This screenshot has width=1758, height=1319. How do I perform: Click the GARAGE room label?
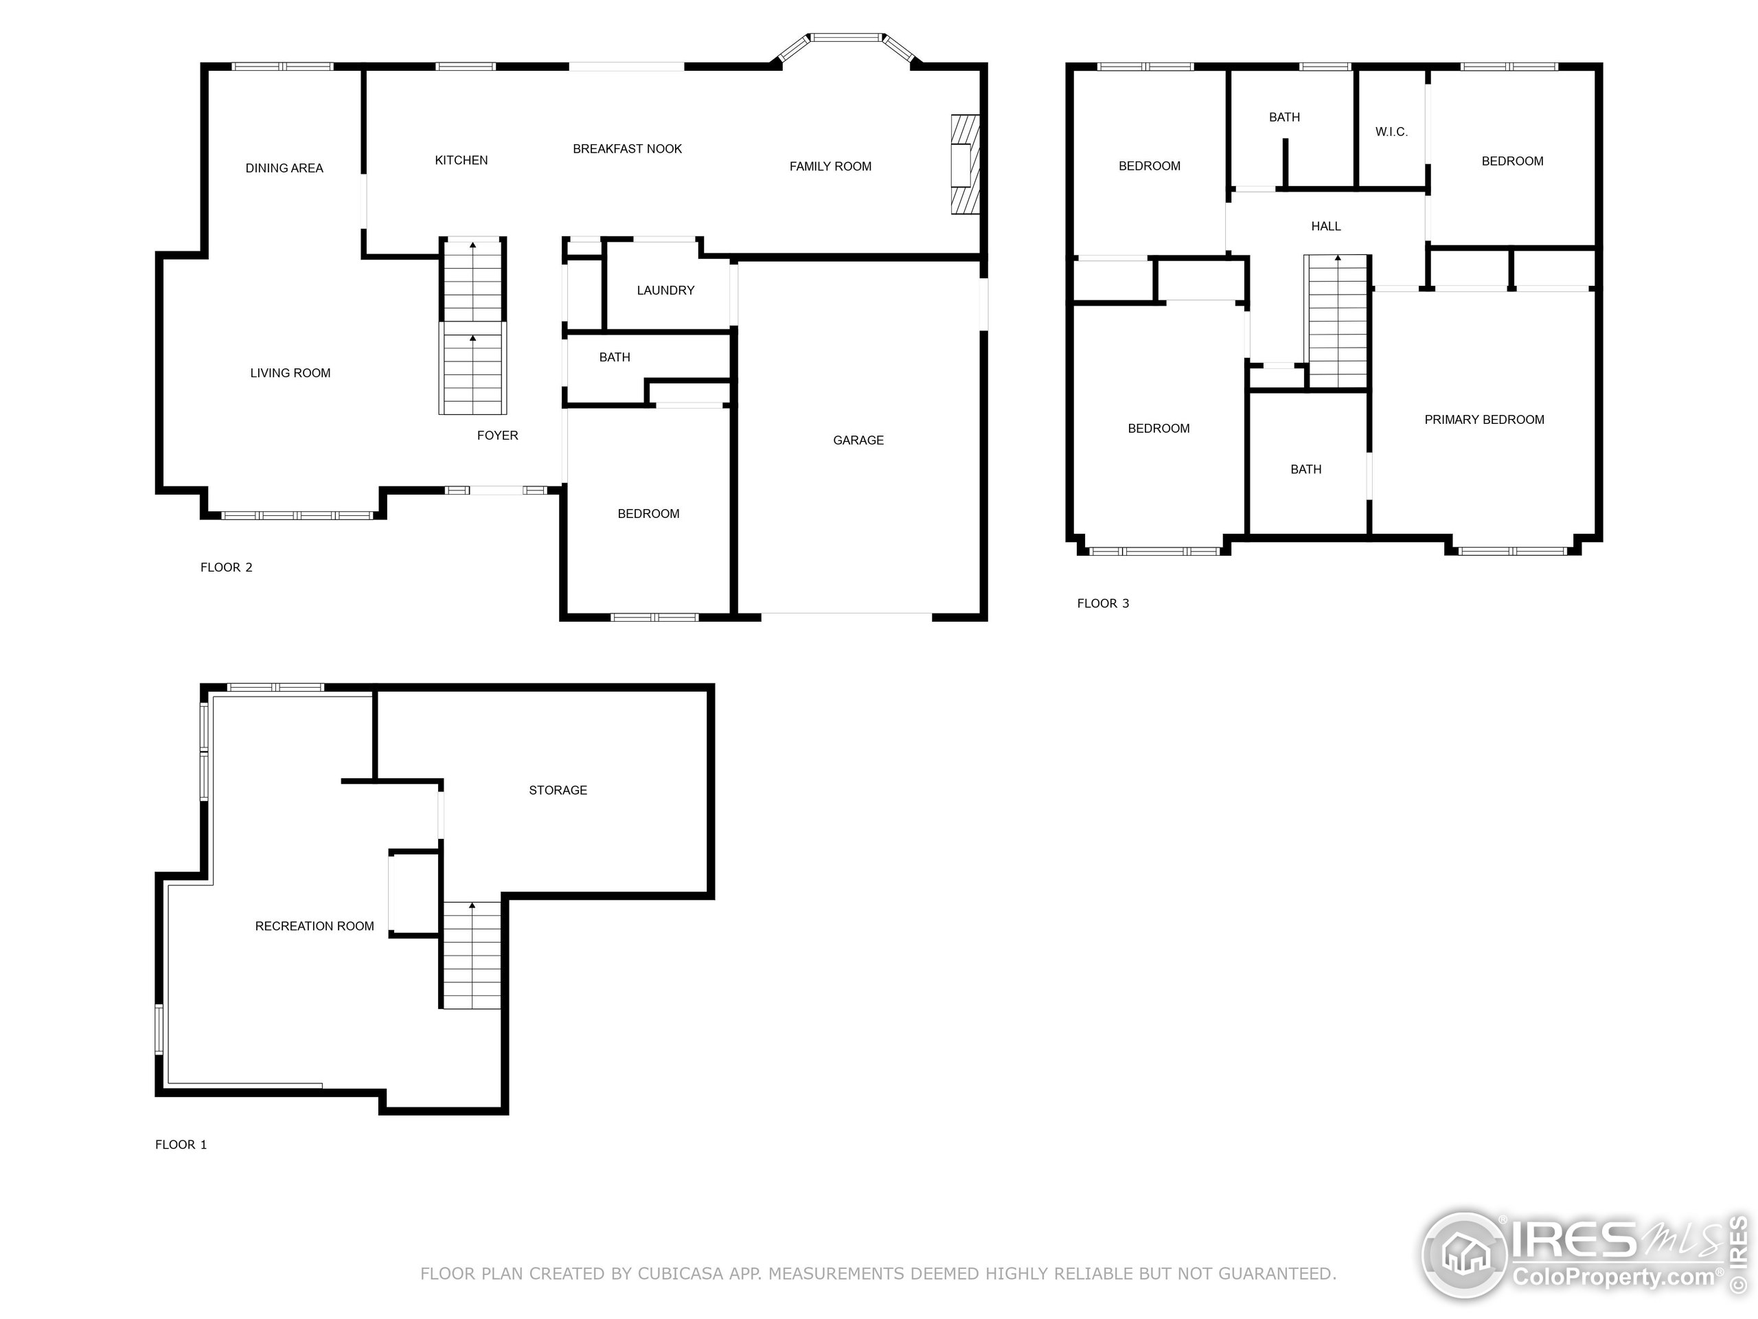[x=858, y=440]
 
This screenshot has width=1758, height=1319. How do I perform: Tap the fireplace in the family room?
[x=965, y=165]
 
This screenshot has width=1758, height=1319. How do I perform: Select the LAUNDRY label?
[x=665, y=290]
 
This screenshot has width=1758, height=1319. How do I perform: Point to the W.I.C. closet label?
[x=1391, y=132]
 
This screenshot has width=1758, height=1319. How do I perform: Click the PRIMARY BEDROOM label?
[x=1484, y=419]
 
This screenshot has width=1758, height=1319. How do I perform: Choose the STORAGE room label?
[x=558, y=789]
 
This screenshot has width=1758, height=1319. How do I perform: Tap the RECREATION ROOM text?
[x=314, y=925]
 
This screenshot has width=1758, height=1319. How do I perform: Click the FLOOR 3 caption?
[x=1102, y=602]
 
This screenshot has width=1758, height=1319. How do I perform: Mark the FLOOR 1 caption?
[x=181, y=1144]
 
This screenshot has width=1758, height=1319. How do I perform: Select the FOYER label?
[x=497, y=435]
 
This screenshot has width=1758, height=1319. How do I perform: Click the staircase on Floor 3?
[x=1338, y=322]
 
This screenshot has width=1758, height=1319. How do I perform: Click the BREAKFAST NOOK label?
[x=627, y=148]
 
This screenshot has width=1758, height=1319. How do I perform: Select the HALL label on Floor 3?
[x=1325, y=226]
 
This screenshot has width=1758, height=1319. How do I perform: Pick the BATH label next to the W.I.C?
[x=1284, y=117]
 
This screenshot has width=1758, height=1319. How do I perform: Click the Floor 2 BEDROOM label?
[x=648, y=514]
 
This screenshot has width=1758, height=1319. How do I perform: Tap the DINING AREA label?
[x=284, y=168]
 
